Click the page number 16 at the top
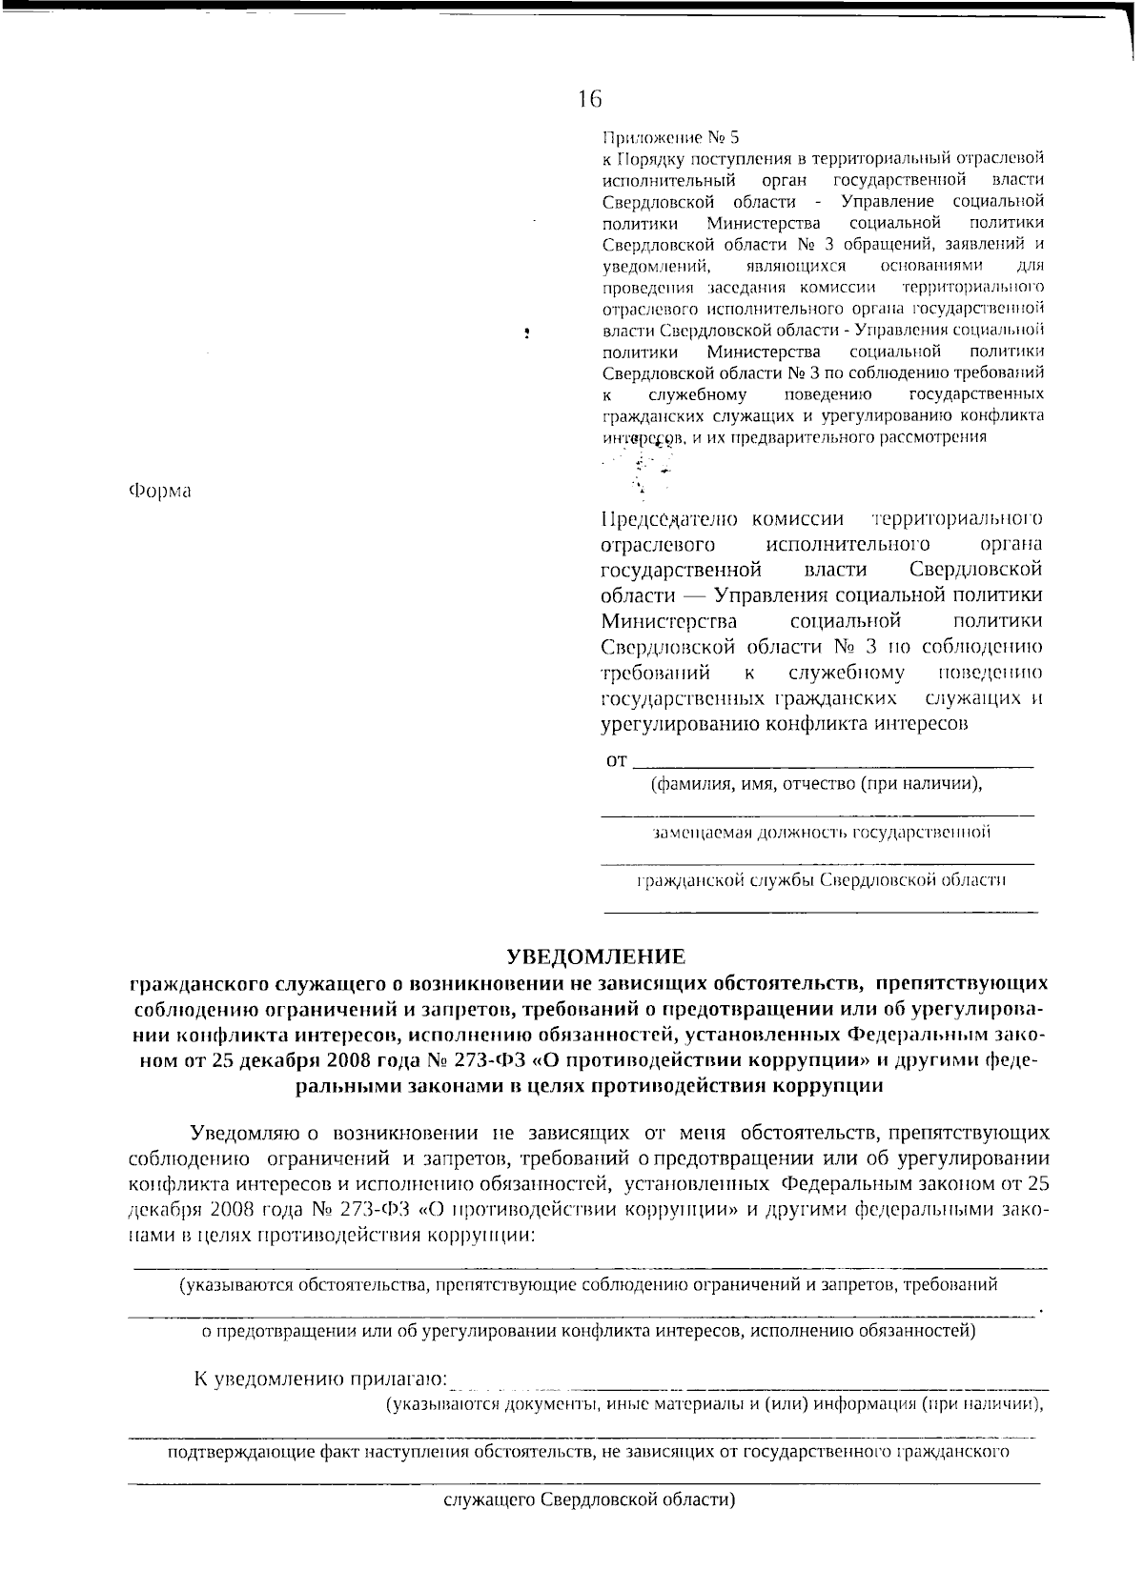pos(588,98)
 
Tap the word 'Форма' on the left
pos(159,491)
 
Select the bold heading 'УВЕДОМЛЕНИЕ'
pos(596,956)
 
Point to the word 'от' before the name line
pos(617,761)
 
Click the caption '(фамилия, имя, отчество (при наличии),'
pos(816,784)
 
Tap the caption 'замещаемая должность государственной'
pos(821,832)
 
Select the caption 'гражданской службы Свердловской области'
pos(821,879)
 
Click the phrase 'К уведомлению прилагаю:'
pos(319,1379)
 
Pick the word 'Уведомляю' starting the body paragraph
pos(245,1134)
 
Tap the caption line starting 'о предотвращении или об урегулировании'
pos(588,1331)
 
